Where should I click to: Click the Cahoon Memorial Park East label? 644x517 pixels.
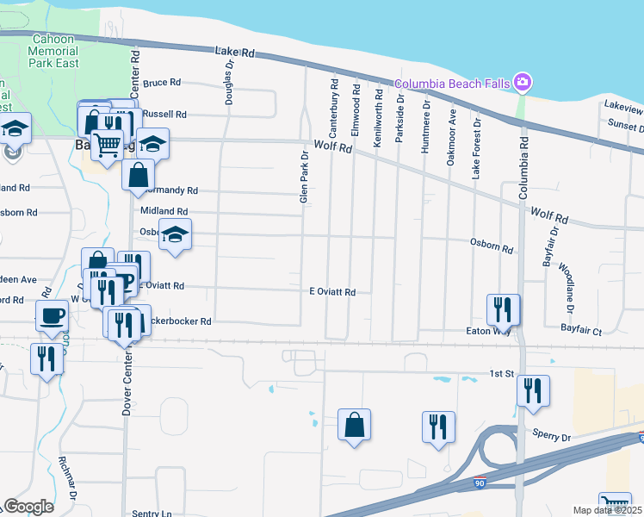[55, 51]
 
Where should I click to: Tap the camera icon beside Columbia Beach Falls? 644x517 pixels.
[522, 82]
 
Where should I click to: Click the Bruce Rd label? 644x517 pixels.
[162, 83]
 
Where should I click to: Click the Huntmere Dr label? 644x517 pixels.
[426, 127]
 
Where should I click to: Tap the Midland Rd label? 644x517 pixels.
[164, 211]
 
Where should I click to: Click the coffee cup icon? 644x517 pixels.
[53, 315]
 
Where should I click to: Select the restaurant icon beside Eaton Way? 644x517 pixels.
[503, 309]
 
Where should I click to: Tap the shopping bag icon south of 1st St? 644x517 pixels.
[354, 424]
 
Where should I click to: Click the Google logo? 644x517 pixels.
[28, 507]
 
